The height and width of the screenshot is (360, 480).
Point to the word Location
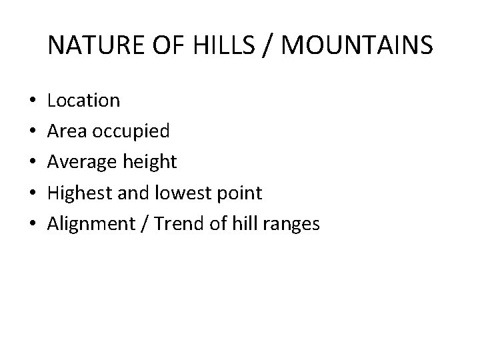point(84,101)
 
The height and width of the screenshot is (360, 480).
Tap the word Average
point(81,163)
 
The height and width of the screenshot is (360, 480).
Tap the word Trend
point(177,225)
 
